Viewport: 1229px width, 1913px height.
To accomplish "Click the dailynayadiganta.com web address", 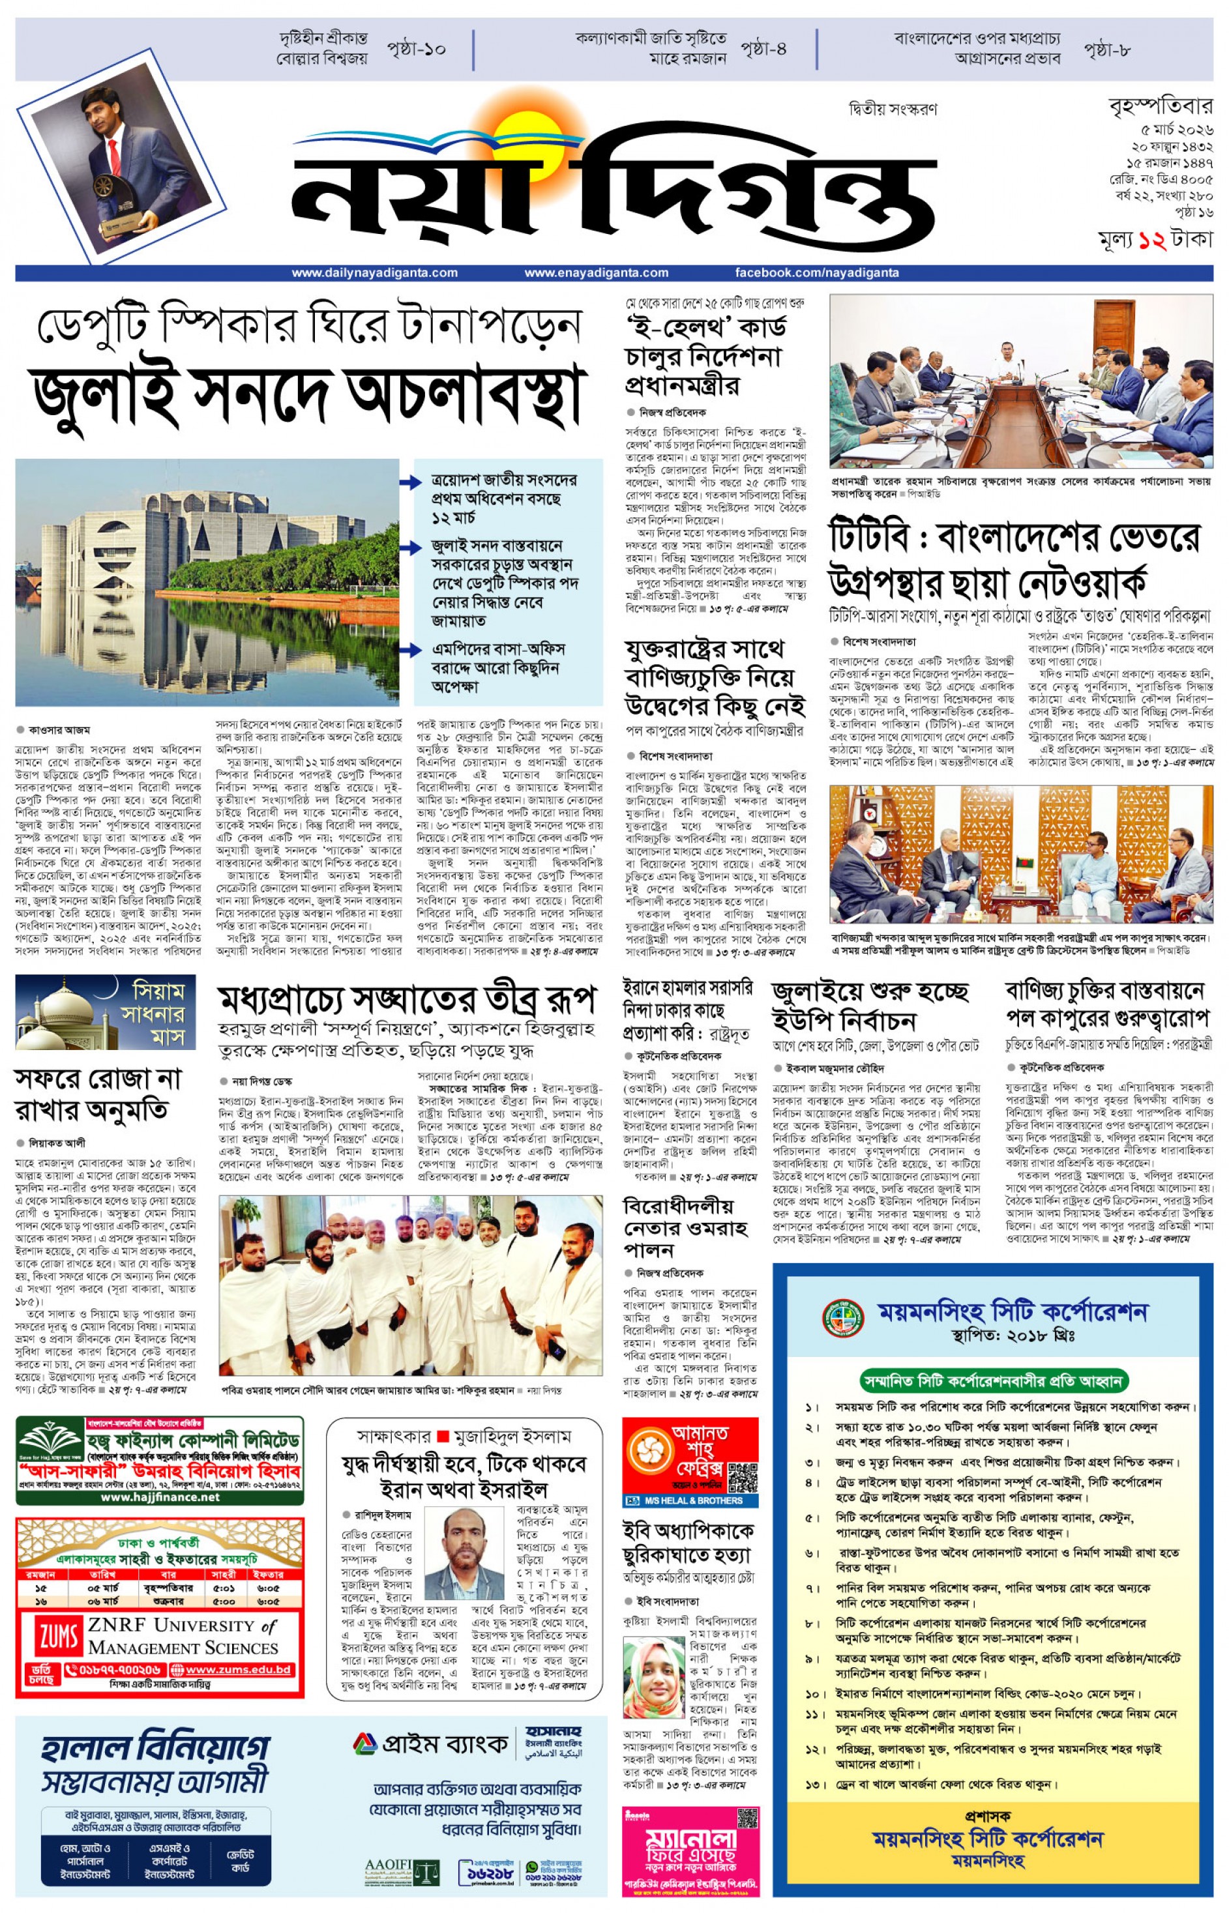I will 374,273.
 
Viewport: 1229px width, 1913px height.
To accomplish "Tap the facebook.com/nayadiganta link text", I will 816,273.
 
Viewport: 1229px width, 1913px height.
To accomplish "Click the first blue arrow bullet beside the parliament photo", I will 410,482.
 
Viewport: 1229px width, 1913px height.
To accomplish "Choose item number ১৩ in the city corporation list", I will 812,1784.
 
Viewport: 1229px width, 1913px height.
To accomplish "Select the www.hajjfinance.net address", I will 160,1497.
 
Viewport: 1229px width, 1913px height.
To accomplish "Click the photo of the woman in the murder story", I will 653,1678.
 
